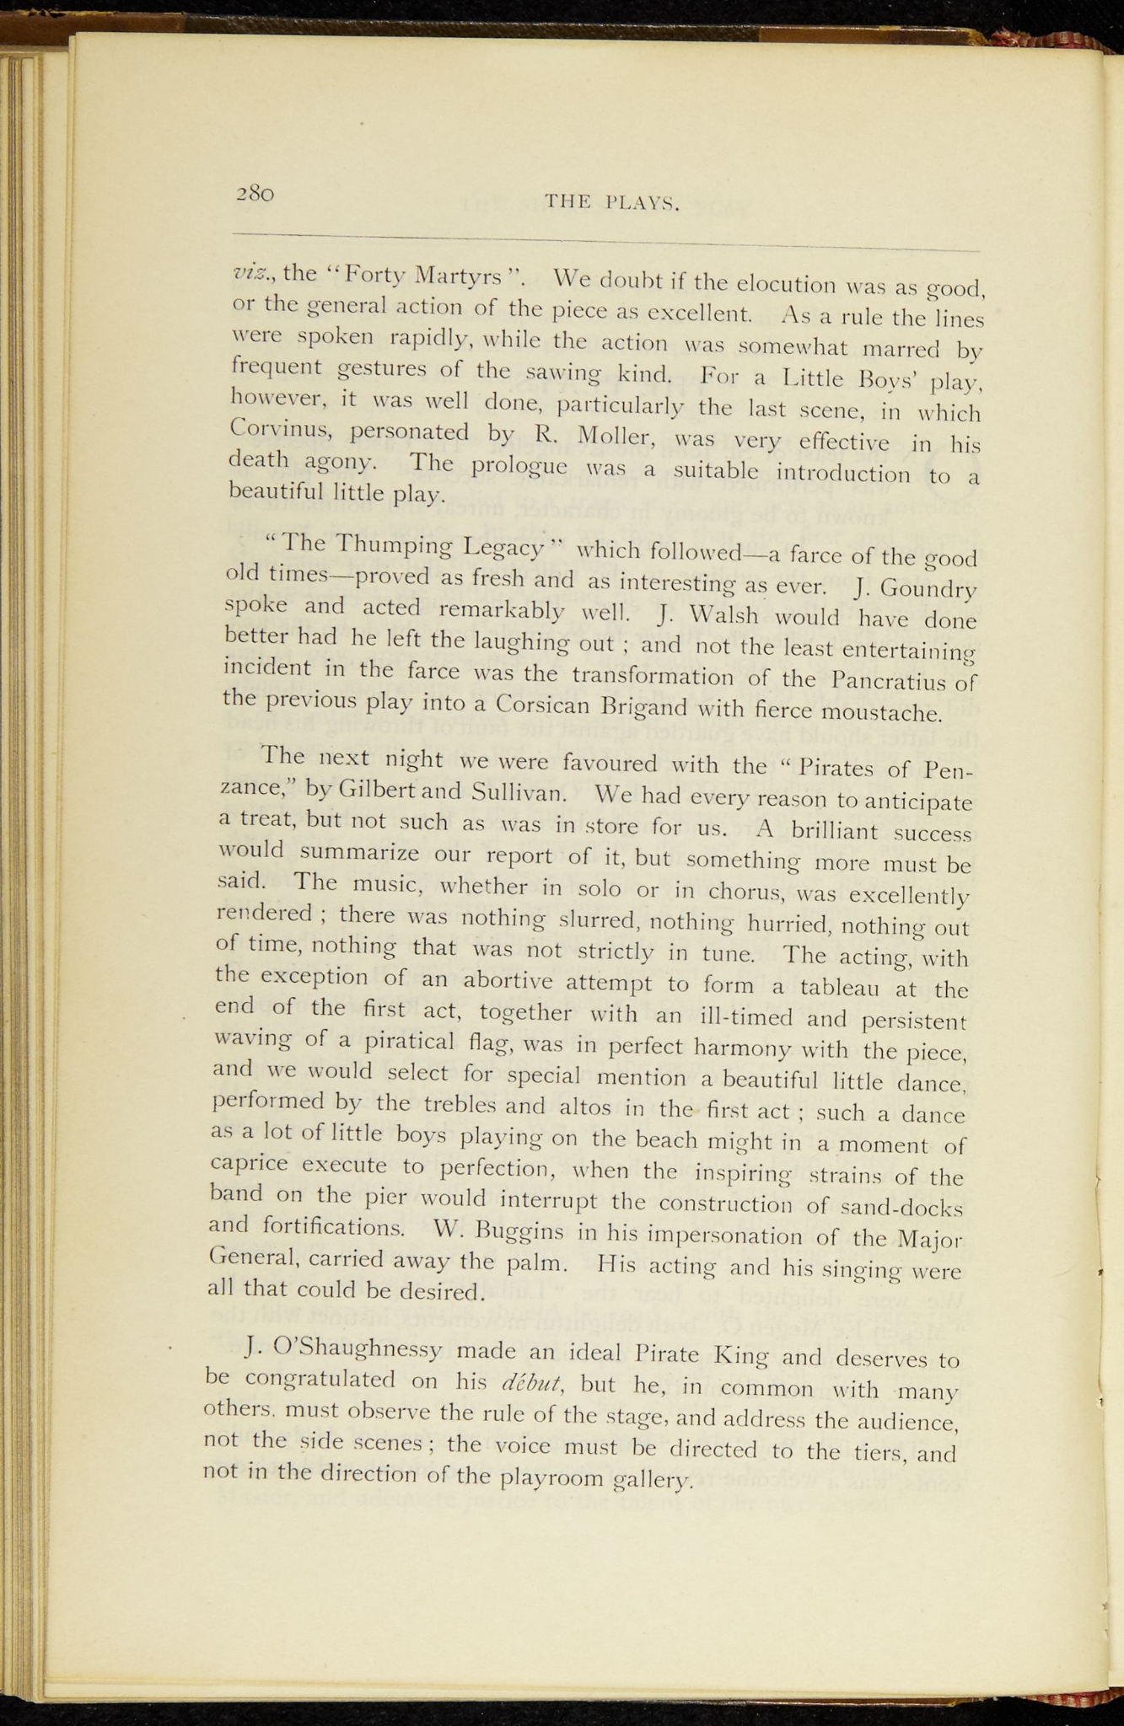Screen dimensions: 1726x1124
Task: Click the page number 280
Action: (x=255, y=192)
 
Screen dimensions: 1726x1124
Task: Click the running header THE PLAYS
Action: (x=612, y=202)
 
